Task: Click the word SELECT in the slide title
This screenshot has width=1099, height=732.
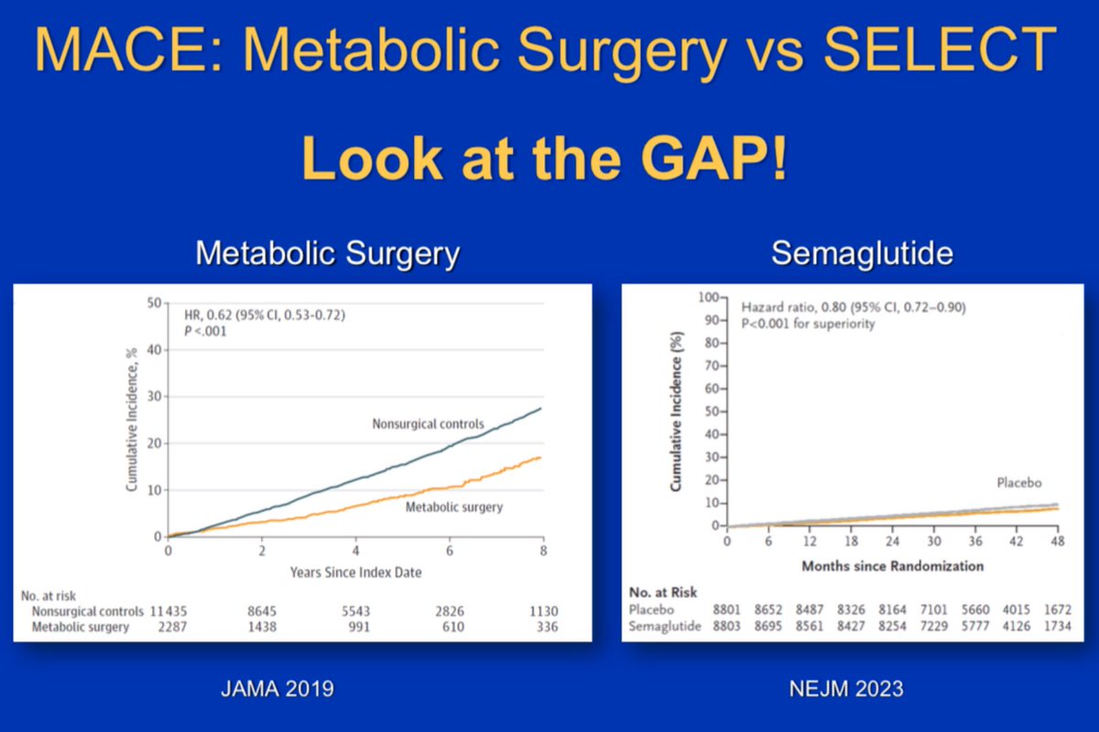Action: pyautogui.click(x=939, y=49)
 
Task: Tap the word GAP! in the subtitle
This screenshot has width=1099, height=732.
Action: pyautogui.click(x=713, y=159)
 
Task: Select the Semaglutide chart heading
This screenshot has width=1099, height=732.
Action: pyautogui.click(x=862, y=254)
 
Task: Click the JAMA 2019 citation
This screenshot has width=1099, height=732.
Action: pyautogui.click(x=277, y=688)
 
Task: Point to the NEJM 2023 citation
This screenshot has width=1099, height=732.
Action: pyautogui.click(x=846, y=688)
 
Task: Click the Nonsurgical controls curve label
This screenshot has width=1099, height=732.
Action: pyautogui.click(x=428, y=423)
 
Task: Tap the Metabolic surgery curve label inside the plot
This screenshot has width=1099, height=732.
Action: pyautogui.click(x=454, y=508)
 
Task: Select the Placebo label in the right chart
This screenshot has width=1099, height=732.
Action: pyautogui.click(x=1019, y=483)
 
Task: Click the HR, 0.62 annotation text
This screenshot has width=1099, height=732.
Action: pyautogui.click(x=265, y=315)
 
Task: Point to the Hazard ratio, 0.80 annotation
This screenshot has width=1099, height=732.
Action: pyautogui.click(x=854, y=307)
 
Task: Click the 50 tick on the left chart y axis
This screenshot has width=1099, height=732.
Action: pyautogui.click(x=154, y=303)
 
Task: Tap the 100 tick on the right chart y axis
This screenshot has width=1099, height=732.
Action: pyautogui.click(x=709, y=298)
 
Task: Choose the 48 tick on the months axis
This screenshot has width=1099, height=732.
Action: pyautogui.click(x=1057, y=541)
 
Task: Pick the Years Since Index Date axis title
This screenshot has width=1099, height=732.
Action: pyautogui.click(x=355, y=573)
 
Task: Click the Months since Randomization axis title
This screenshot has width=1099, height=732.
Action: pyautogui.click(x=892, y=566)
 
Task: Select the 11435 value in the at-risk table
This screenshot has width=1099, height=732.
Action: pyautogui.click(x=169, y=611)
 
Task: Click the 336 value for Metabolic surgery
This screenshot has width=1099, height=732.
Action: pyautogui.click(x=547, y=627)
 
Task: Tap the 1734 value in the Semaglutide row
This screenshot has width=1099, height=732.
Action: pyautogui.click(x=1057, y=626)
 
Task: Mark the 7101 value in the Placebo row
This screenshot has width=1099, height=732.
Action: pyautogui.click(x=933, y=610)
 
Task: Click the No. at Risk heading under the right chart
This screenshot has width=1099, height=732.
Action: pyautogui.click(x=663, y=593)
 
